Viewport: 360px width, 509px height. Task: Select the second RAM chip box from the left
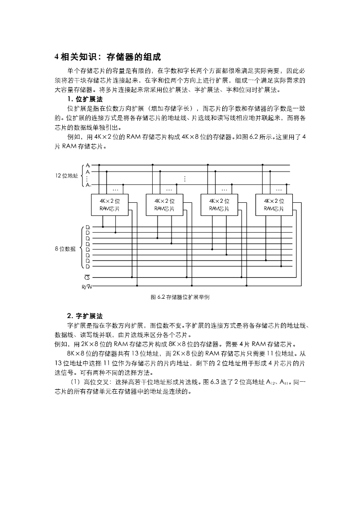164,204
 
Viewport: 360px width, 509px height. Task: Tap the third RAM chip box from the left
218,204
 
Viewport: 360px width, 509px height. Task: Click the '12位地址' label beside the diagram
66,175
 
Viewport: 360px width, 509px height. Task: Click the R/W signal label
86,287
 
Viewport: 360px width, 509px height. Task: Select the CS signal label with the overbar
87,277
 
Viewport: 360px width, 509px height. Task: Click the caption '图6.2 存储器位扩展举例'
180,297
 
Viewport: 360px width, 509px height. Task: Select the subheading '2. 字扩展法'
85,316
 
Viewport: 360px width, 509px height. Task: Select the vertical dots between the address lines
185,178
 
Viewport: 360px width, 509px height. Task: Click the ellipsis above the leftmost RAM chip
115,189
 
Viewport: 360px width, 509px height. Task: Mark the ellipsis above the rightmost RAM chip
278,189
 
